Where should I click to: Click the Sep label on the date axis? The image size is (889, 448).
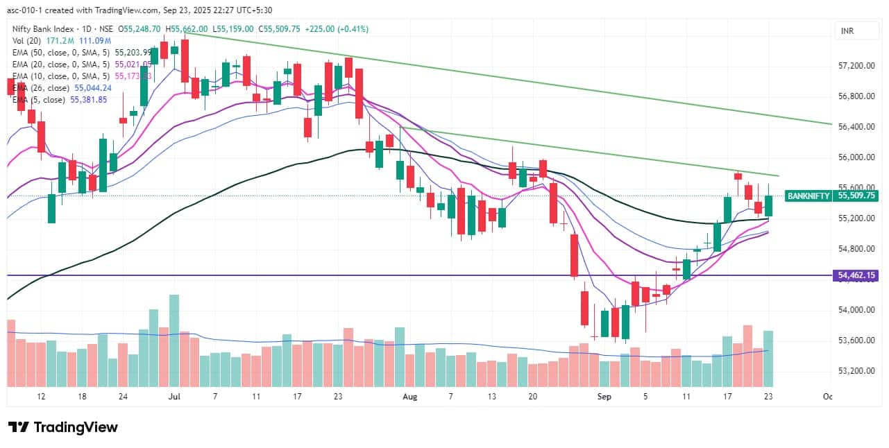604,397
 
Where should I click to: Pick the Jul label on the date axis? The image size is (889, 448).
174,397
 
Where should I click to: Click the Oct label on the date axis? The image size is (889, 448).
827,397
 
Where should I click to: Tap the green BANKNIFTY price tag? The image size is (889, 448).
808,196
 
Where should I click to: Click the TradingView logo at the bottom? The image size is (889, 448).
62,427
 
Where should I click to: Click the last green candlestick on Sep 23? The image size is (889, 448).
768,205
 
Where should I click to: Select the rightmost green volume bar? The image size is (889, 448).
768,358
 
